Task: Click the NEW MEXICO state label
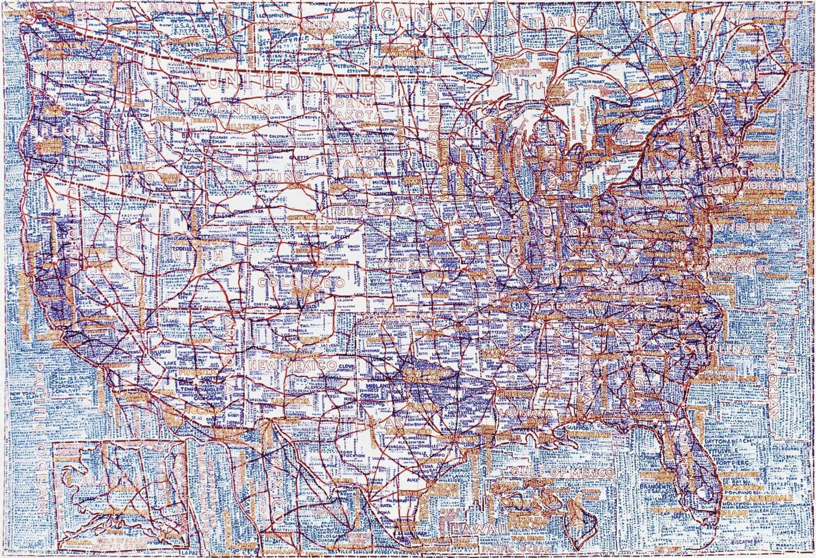pos(292,365)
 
